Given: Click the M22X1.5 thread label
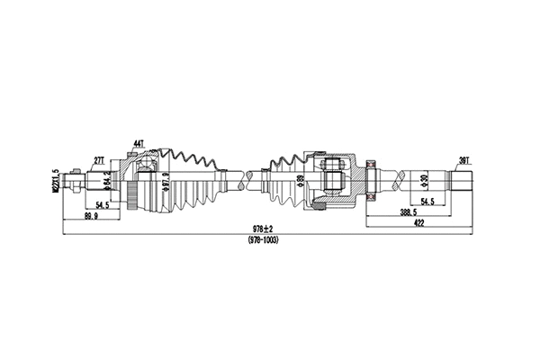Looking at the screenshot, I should click(x=56, y=178).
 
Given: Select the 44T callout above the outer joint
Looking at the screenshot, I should click(x=138, y=144).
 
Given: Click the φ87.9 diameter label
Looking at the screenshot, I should click(x=166, y=186).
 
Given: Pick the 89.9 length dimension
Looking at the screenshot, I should click(x=90, y=217).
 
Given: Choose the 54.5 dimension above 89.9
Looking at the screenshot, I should click(x=103, y=205).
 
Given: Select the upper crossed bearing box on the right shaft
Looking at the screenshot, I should click(x=369, y=166).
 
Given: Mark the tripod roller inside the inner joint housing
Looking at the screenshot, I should click(x=332, y=180).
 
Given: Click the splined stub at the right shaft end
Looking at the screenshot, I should click(x=458, y=179).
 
